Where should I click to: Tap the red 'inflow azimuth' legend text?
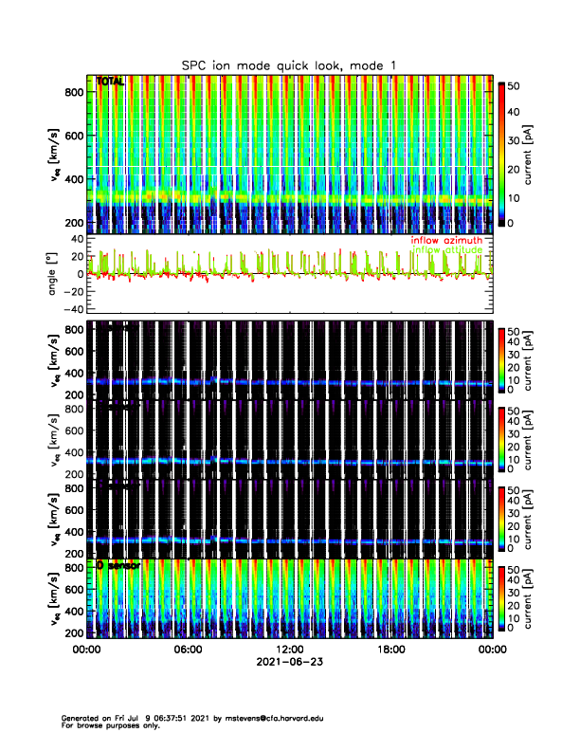point(445,240)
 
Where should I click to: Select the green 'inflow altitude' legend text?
point(445,250)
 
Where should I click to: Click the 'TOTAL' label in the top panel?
point(110,82)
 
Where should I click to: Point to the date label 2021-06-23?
point(289,662)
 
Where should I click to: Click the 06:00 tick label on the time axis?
point(188,650)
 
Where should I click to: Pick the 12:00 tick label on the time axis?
point(289,650)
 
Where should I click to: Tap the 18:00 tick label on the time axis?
point(390,650)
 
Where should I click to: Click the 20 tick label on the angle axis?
point(77,255)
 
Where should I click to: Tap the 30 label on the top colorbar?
point(518,139)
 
